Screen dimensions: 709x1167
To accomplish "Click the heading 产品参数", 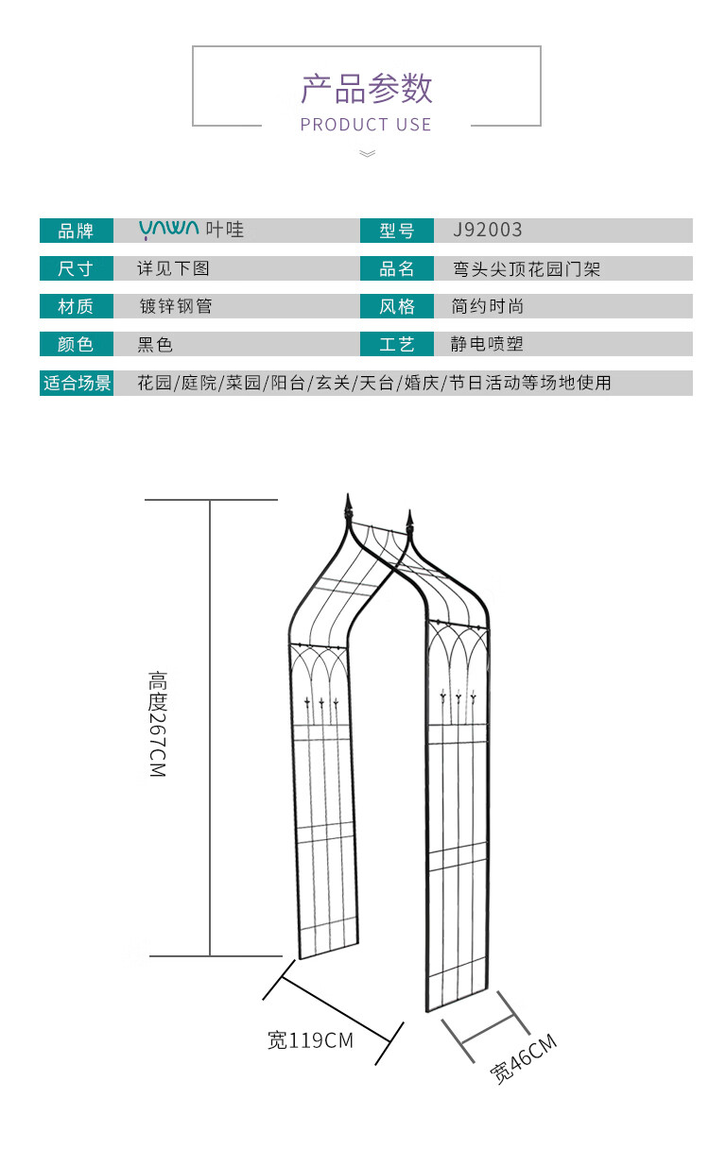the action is (366, 88).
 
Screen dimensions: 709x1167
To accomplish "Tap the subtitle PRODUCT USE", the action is (366, 125).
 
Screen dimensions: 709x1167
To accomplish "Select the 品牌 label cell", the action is (76, 231).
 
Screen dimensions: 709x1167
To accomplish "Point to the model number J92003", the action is (487, 230).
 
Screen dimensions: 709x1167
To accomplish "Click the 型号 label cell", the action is (397, 231).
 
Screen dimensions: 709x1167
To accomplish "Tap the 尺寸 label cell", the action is (76, 268).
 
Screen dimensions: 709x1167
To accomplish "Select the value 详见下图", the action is (173, 268).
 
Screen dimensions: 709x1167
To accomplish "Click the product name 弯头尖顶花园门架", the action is (526, 269).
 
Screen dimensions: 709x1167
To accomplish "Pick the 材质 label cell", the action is (76, 306).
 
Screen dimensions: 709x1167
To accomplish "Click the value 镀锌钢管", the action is (175, 306).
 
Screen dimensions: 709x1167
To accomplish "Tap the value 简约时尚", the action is (488, 306).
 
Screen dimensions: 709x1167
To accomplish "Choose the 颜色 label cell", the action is (76, 344).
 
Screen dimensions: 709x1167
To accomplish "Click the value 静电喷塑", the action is (487, 344).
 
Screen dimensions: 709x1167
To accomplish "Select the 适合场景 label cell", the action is (77, 383).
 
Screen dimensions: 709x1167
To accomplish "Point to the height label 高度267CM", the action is (157, 725).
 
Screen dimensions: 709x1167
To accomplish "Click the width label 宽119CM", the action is (310, 1040).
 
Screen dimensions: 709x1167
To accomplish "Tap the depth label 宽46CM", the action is (523, 1059).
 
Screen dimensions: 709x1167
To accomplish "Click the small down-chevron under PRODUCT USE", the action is (368, 153).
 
